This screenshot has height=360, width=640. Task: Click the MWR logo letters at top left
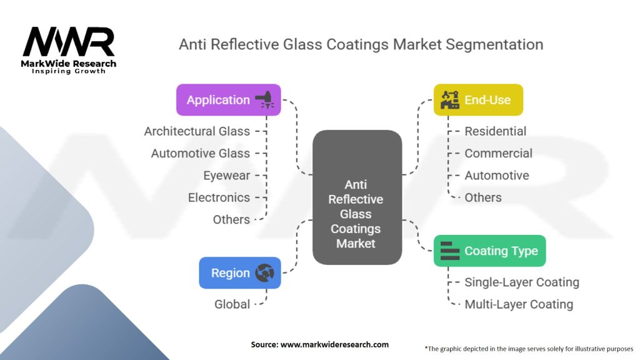click(69, 42)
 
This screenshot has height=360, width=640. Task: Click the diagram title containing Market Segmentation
click(361, 44)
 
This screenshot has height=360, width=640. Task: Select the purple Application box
click(228, 100)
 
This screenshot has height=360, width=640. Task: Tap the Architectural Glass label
click(197, 131)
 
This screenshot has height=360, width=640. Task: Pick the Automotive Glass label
click(200, 153)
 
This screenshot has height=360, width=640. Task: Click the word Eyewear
click(226, 176)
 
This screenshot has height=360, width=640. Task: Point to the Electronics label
click(219, 197)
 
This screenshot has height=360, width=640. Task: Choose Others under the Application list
click(231, 219)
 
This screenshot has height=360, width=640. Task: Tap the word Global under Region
click(232, 304)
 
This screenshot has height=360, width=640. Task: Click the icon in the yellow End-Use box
click(449, 100)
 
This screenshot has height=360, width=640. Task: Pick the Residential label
click(495, 131)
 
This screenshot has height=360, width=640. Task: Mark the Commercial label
click(498, 153)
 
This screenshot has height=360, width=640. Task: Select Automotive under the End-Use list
click(496, 176)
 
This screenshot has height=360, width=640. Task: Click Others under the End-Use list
click(482, 197)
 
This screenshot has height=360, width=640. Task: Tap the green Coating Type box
click(489, 251)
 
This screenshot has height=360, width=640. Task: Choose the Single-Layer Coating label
click(521, 282)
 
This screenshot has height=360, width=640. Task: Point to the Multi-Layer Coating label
click(518, 304)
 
